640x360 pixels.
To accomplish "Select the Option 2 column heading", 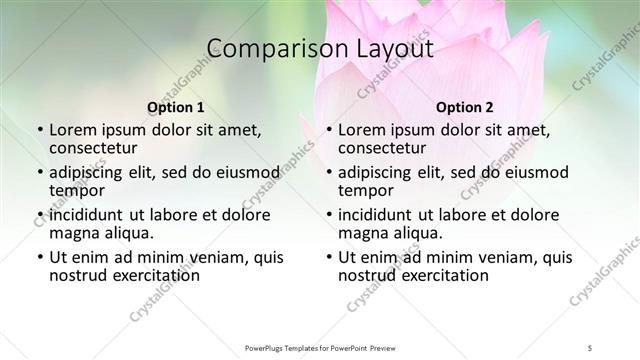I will (465, 107).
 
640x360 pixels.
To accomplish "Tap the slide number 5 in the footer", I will (591, 347).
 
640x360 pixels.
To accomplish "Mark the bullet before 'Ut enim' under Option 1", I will (39, 257).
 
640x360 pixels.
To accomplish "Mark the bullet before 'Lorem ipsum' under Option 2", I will (328, 130).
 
